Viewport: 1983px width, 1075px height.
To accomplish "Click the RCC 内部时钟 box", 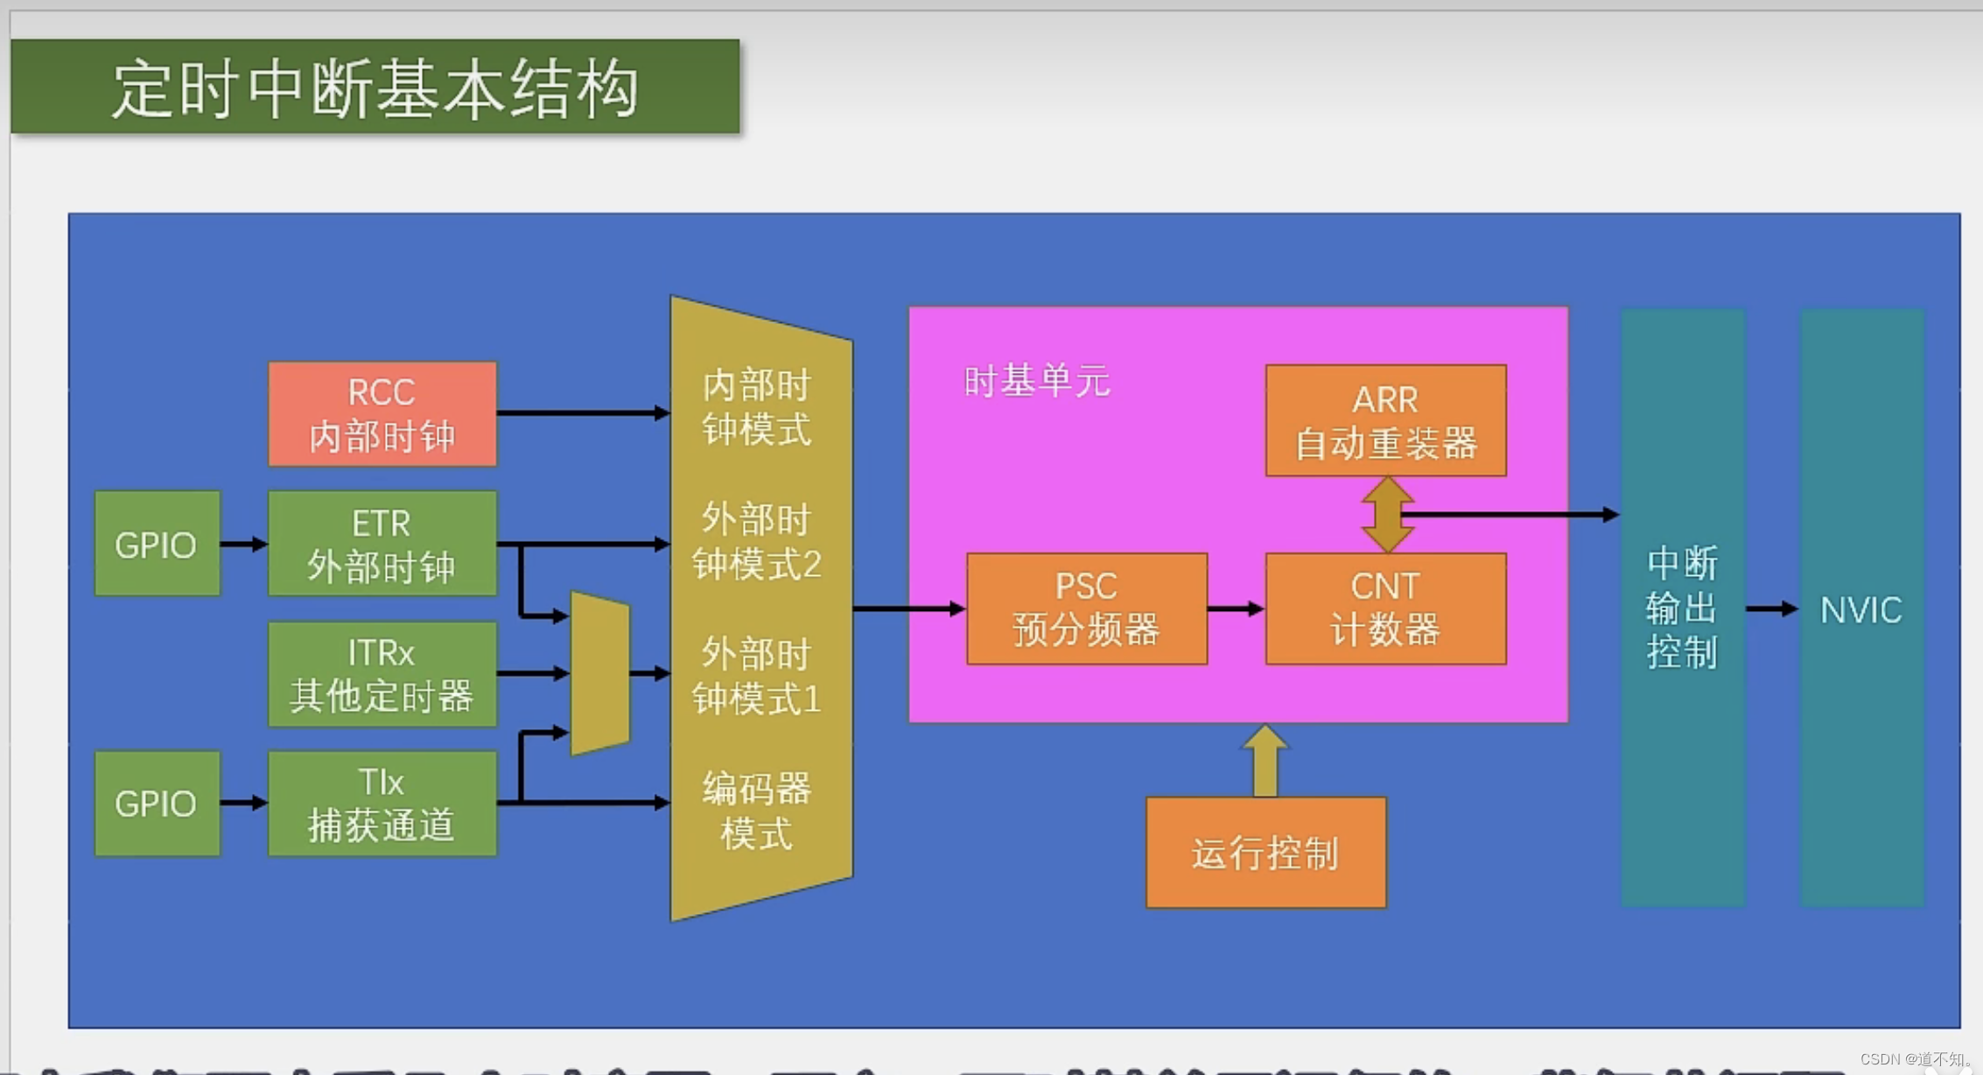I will (382, 413).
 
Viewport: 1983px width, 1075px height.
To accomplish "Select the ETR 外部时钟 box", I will (382, 544).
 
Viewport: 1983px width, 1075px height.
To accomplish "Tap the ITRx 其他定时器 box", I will (382, 674).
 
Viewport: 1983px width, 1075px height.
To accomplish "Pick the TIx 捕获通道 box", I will (382, 803).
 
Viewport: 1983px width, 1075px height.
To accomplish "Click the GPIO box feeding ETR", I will (157, 544).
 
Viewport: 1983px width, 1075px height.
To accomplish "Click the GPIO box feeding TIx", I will (157, 803).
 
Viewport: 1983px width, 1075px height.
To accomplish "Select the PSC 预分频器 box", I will (1086, 608).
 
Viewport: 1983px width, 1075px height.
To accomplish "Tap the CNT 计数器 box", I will (1385, 608).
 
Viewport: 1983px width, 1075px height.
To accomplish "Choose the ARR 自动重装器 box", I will (1385, 420).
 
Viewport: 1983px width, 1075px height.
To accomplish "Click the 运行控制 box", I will (1265, 852).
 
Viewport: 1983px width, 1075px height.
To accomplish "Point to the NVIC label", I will (1860, 609).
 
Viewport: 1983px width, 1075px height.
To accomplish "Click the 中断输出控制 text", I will (1681, 608).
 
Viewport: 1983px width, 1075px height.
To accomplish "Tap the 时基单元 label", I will (1036, 382).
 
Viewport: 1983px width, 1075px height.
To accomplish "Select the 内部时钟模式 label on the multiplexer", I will (757, 407).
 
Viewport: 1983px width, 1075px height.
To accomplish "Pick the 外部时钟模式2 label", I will (757, 542).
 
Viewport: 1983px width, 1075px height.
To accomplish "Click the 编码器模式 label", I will (757, 810).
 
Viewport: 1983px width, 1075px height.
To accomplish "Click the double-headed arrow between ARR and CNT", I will (1387, 515).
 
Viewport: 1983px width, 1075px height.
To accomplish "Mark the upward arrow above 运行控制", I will (1265, 760).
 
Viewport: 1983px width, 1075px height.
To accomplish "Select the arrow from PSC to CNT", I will (1236, 608).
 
